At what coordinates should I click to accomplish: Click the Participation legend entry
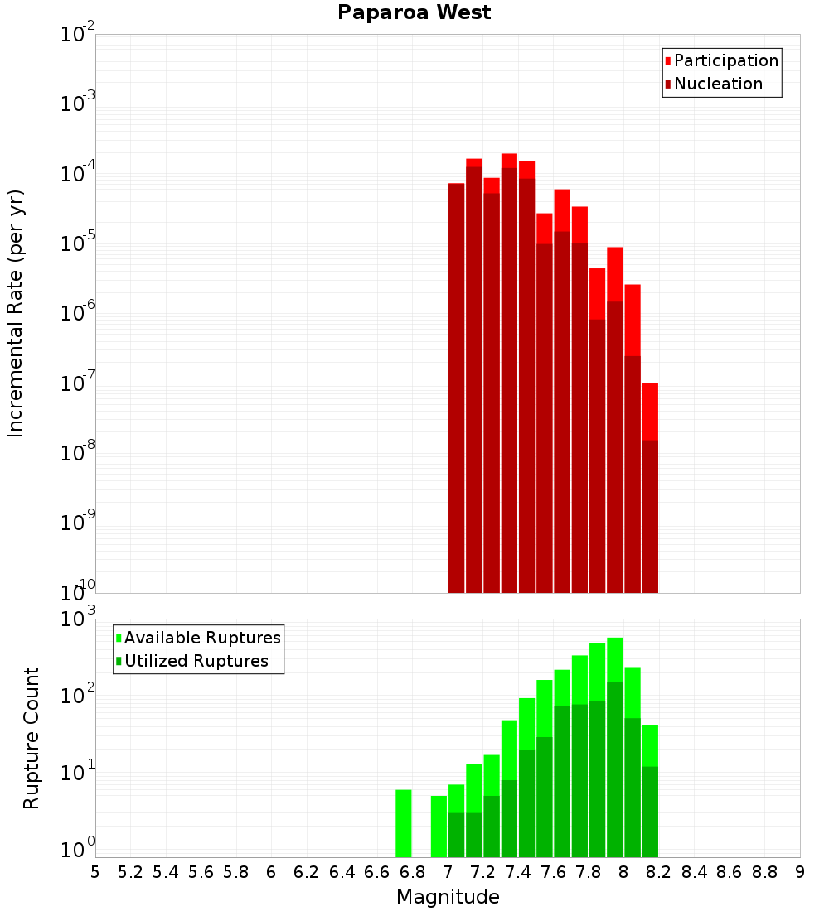(726, 61)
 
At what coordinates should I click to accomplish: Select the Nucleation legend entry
(718, 84)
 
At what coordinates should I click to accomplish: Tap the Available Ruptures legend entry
(202, 638)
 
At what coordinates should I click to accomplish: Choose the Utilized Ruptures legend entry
(196, 661)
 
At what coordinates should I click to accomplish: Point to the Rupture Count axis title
(32, 737)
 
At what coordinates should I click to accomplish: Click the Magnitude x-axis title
(448, 897)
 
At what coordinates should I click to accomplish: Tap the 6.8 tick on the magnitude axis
(412, 872)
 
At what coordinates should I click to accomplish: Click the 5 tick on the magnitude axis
(95, 872)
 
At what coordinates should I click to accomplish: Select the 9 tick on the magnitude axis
(800, 872)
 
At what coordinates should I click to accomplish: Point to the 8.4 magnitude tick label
(694, 872)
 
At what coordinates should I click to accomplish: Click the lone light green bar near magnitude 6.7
(404, 824)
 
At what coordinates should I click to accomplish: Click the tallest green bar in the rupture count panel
(615, 745)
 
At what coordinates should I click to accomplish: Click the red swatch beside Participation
(668, 61)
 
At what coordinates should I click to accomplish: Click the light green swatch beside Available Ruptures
(119, 638)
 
